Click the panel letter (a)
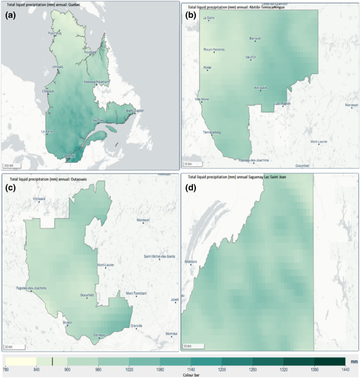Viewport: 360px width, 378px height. pos(12,15)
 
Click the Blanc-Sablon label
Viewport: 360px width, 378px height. pos(135,110)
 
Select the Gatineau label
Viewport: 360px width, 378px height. pos(99,335)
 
